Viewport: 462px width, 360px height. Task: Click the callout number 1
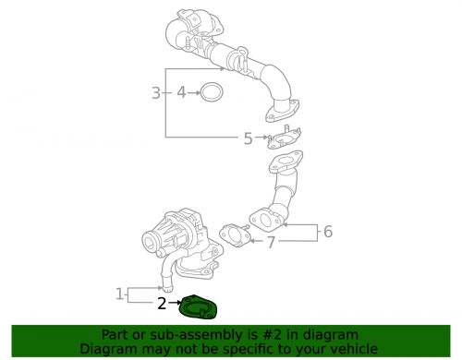pyautogui.click(x=119, y=294)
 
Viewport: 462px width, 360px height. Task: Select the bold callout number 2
pyautogui.click(x=162, y=302)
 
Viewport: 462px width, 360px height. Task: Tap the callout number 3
pyautogui.click(x=156, y=92)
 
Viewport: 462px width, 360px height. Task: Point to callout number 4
pyautogui.click(x=182, y=92)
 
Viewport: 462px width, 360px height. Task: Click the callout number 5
pyautogui.click(x=248, y=138)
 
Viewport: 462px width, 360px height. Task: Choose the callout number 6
pyautogui.click(x=326, y=232)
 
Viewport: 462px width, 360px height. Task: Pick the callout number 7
pyautogui.click(x=270, y=243)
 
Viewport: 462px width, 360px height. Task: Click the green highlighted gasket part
pyautogui.click(x=198, y=306)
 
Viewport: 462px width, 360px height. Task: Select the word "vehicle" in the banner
pyautogui.click(x=349, y=349)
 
